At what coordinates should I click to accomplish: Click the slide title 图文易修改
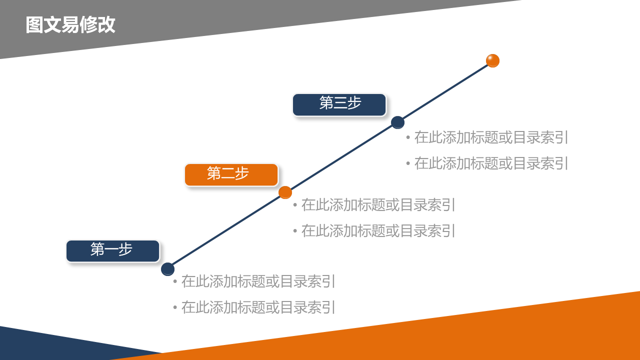[70, 25]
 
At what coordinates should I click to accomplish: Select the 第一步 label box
[112, 250]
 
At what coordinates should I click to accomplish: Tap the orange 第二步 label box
[231, 174]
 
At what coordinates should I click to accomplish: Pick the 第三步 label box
[339, 104]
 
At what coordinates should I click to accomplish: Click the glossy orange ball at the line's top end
[492, 60]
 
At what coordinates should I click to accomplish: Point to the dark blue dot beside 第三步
[397, 122]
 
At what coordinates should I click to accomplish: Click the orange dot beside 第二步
[285, 192]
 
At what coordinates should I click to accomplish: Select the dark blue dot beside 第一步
[167, 269]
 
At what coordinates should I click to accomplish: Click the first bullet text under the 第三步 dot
[491, 137]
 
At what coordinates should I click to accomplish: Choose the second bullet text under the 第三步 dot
[491, 163]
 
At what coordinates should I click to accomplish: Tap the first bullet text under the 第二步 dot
[378, 205]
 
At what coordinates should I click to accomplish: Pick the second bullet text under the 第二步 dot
[378, 231]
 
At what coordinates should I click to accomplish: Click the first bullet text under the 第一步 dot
[258, 281]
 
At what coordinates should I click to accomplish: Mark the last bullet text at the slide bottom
[258, 307]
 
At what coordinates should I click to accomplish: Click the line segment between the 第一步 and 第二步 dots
[226, 231]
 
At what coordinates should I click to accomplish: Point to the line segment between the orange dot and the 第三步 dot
[341, 157]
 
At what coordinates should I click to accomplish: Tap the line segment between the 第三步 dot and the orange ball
[445, 91]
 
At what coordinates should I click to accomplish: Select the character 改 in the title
[106, 25]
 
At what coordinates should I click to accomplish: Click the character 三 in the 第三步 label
[340, 103]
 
